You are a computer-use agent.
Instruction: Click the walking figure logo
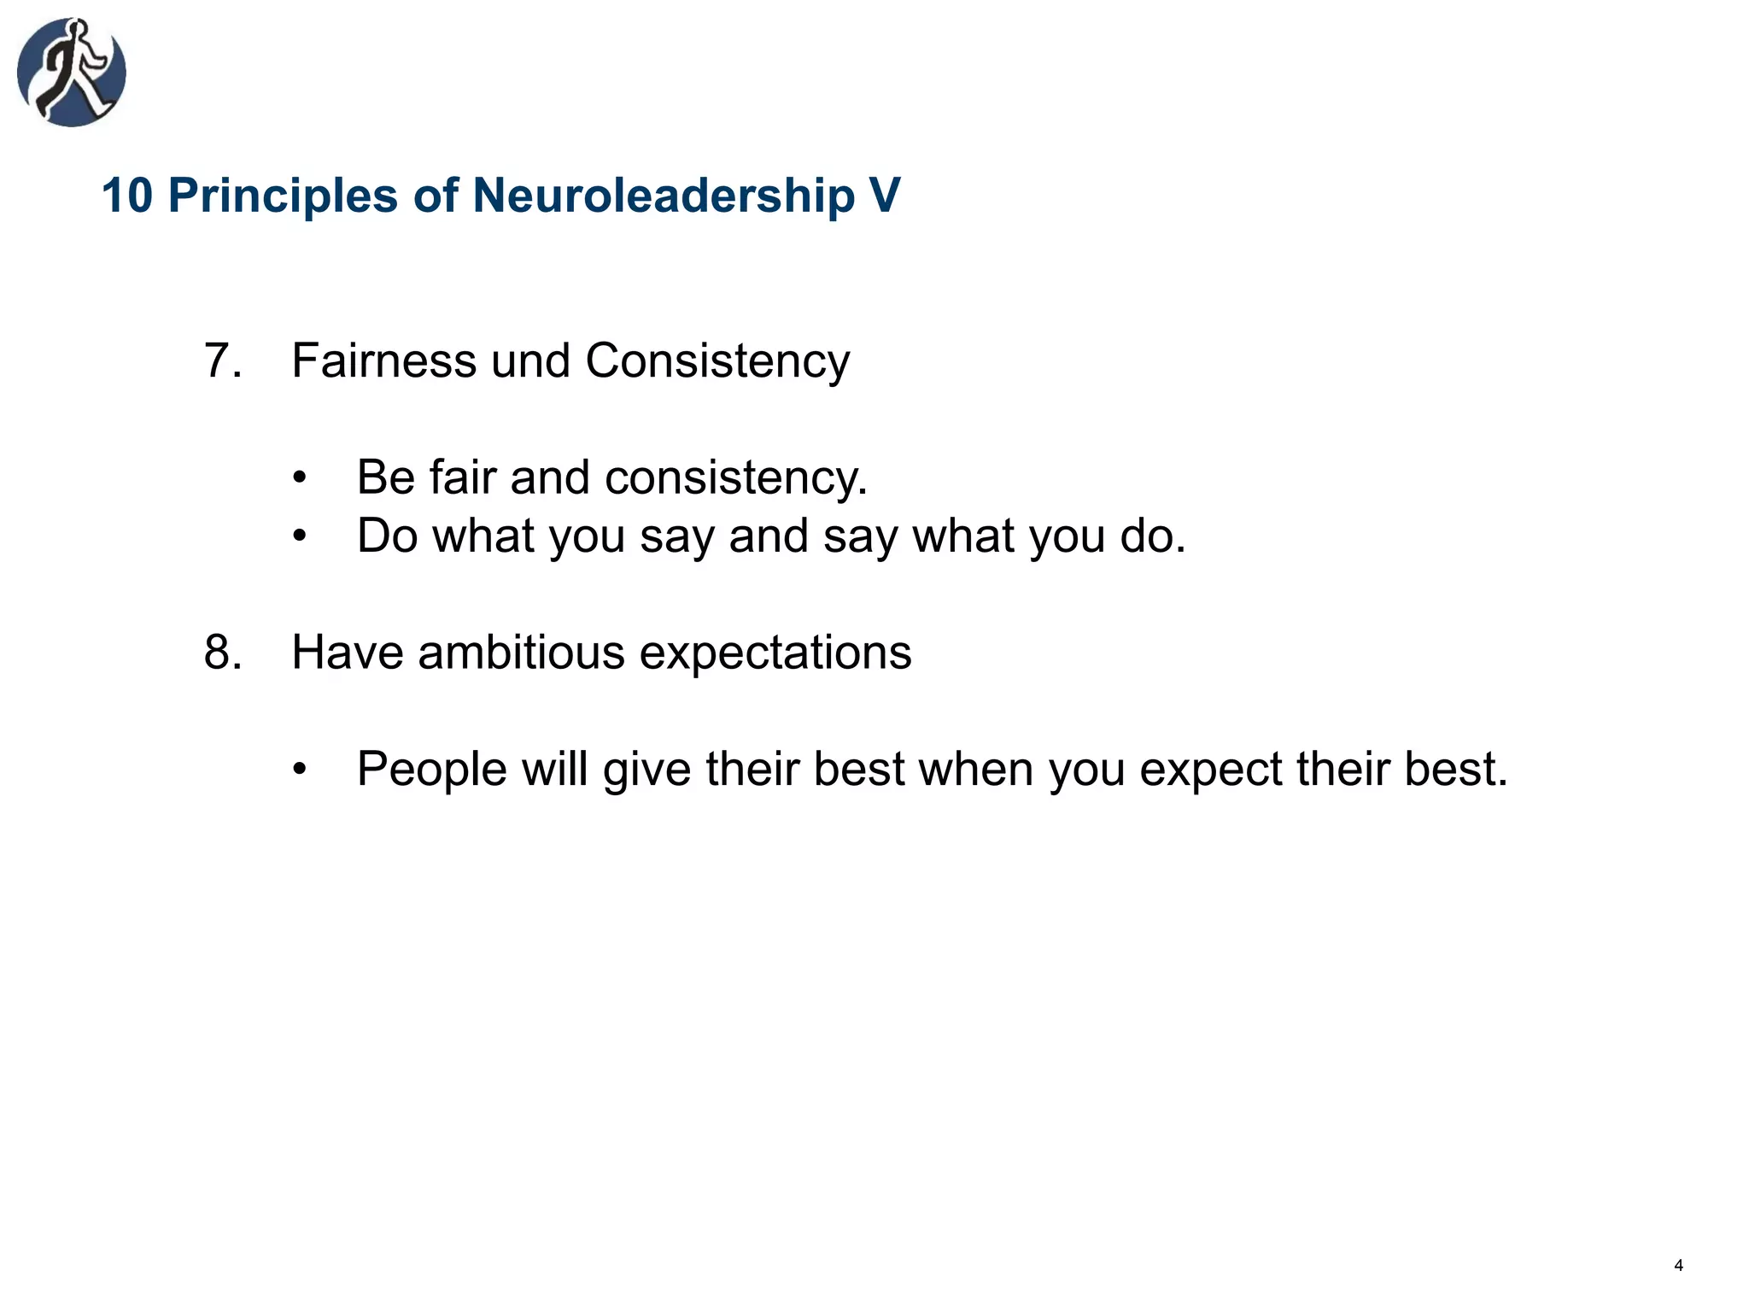click(x=72, y=73)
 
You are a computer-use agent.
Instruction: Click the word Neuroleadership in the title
click(x=664, y=196)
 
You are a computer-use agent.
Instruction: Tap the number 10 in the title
click(x=126, y=196)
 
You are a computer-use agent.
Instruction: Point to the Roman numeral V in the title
click(x=885, y=196)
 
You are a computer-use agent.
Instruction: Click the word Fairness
click(x=383, y=360)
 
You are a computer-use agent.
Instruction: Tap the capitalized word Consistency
click(x=717, y=360)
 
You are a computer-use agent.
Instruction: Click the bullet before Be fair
click(x=299, y=478)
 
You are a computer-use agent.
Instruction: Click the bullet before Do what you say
click(x=299, y=537)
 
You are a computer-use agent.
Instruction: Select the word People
click(x=432, y=769)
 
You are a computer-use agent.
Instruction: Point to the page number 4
click(x=1678, y=1266)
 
